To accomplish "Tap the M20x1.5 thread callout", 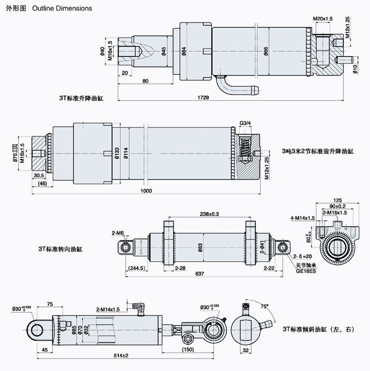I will (323, 19).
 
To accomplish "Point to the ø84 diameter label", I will (184, 51).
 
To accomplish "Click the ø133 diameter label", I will (116, 153).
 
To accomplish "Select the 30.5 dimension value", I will (38, 176).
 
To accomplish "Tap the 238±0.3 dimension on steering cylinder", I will (210, 214).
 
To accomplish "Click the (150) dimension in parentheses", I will (188, 349).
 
